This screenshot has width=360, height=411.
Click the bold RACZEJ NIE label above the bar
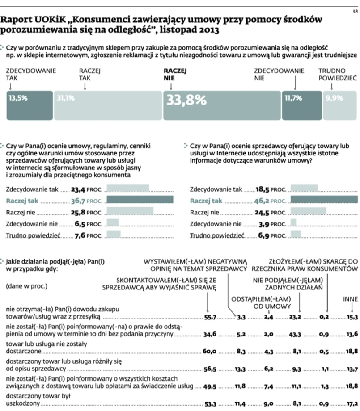click(x=175, y=74)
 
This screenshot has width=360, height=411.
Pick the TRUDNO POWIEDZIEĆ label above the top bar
click(x=337, y=74)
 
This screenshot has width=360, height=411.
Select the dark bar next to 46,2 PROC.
click(x=324, y=200)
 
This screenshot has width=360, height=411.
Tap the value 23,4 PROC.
click(x=87, y=189)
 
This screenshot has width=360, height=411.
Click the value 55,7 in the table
click(x=210, y=317)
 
